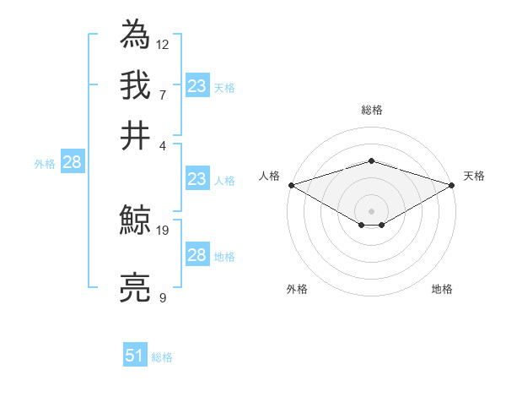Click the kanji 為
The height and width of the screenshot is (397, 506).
(x=136, y=35)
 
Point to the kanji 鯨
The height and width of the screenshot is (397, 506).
(x=136, y=222)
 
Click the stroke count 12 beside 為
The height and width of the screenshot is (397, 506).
(x=163, y=44)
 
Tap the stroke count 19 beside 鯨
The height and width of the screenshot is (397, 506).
(x=163, y=230)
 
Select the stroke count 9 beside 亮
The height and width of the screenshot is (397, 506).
(x=163, y=297)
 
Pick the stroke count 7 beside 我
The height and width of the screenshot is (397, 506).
(x=163, y=94)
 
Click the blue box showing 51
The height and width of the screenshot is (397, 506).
(x=135, y=356)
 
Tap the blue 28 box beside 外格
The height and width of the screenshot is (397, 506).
(x=72, y=163)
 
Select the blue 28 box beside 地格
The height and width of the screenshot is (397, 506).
(x=196, y=255)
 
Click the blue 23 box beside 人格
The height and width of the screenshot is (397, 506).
(x=196, y=179)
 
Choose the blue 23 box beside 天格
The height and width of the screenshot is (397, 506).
(x=196, y=86)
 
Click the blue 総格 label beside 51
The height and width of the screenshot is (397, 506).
(x=162, y=357)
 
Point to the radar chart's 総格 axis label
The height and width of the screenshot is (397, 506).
(x=371, y=110)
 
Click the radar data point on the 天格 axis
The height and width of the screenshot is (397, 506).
(x=452, y=185)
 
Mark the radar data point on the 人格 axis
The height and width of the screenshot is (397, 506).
(x=291, y=185)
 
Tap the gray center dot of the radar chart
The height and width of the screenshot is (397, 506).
(x=371, y=210)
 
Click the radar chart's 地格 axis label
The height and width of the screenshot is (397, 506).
(x=442, y=289)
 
